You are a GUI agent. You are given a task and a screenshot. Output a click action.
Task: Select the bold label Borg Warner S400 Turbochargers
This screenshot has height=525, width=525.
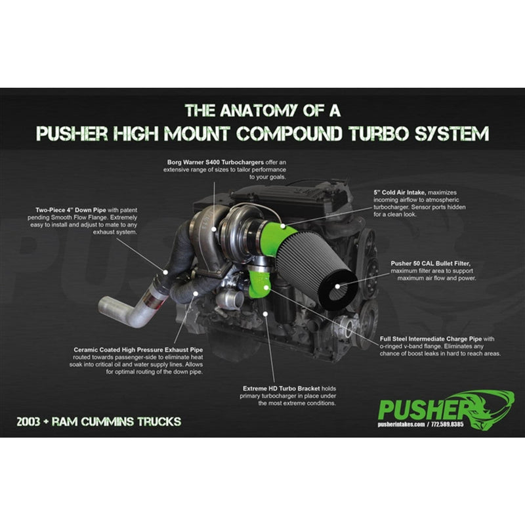point(215,162)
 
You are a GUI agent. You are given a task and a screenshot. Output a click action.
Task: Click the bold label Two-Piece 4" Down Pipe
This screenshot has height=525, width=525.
point(71,210)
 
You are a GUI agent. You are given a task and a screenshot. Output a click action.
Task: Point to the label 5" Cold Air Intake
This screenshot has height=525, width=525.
point(400,192)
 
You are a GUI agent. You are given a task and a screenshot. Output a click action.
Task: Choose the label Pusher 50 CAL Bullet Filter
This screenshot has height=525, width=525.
point(430,264)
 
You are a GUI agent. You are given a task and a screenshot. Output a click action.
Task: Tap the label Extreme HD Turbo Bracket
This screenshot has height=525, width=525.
point(282,388)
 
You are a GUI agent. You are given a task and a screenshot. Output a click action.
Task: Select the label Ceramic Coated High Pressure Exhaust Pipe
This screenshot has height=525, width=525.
point(138,350)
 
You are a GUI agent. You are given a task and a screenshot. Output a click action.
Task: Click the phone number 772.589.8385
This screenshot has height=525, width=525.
point(448,424)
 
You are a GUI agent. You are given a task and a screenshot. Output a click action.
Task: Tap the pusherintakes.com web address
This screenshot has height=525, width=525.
point(401,424)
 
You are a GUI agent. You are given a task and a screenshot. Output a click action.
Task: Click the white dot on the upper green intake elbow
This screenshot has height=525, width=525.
point(283,226)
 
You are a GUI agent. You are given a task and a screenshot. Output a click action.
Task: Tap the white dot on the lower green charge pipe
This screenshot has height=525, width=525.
point(265,287)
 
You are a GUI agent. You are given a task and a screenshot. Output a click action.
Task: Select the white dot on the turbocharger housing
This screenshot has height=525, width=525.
point(214,229)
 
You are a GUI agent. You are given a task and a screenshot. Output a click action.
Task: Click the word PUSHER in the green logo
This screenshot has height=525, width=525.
point(424,409)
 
